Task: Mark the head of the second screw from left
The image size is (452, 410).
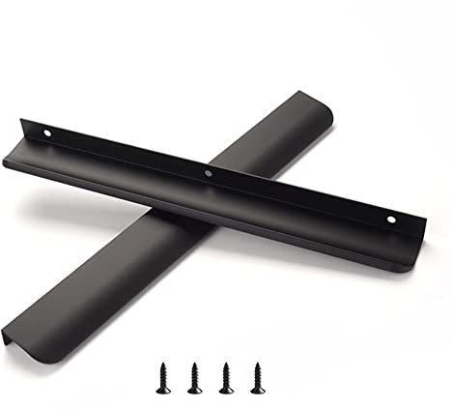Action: point(196,365)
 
